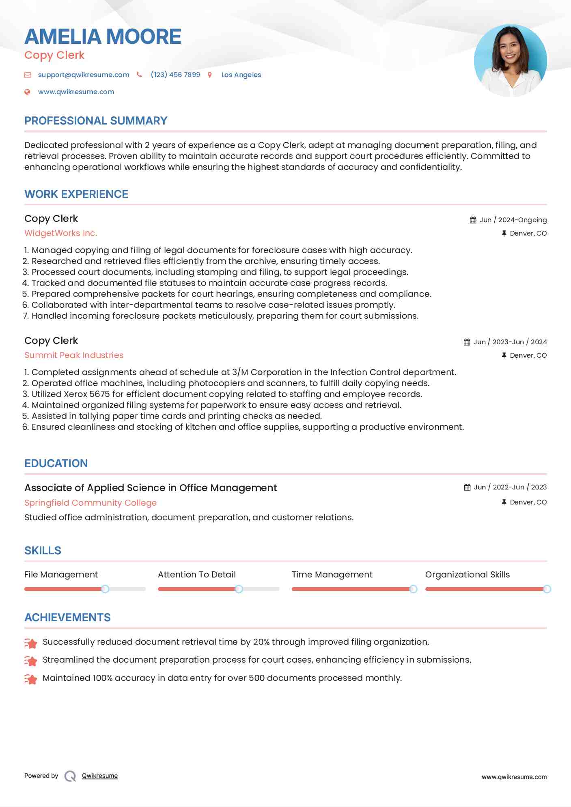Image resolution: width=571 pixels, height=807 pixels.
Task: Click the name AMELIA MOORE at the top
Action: point(103,36)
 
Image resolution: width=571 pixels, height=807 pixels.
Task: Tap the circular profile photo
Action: point(510,61)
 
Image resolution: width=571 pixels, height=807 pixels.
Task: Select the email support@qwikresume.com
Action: point(84,75)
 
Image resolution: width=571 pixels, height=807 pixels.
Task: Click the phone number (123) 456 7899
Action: point(175,75)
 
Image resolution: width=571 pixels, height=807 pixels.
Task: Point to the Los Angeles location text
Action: point(241,75)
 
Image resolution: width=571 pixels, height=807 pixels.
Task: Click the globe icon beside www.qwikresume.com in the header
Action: point(27,92)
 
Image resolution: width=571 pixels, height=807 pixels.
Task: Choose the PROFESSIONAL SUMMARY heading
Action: point(96,121)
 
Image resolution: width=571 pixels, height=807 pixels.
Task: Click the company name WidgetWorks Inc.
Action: point(60,233)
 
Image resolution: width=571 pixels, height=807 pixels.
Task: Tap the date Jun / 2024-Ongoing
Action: point(513,220)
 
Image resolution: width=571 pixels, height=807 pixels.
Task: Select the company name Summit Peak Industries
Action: point(74,355)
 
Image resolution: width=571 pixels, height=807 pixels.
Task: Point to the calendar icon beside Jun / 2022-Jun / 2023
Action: point(467,487)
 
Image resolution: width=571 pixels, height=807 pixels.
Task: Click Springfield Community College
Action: point(90,503)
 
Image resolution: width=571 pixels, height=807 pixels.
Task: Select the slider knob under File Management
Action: point(105,589)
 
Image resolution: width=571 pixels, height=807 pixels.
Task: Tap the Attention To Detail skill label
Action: point(196,575)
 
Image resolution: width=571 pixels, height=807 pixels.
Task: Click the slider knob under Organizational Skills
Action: point(547,589)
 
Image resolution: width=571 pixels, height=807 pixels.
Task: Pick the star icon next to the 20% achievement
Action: point(31,643)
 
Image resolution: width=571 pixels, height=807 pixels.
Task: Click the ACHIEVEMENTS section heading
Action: point(67,618)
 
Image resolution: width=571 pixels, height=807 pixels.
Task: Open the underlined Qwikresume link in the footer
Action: point(100,776)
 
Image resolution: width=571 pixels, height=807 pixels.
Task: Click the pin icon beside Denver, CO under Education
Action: point(504,502)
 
